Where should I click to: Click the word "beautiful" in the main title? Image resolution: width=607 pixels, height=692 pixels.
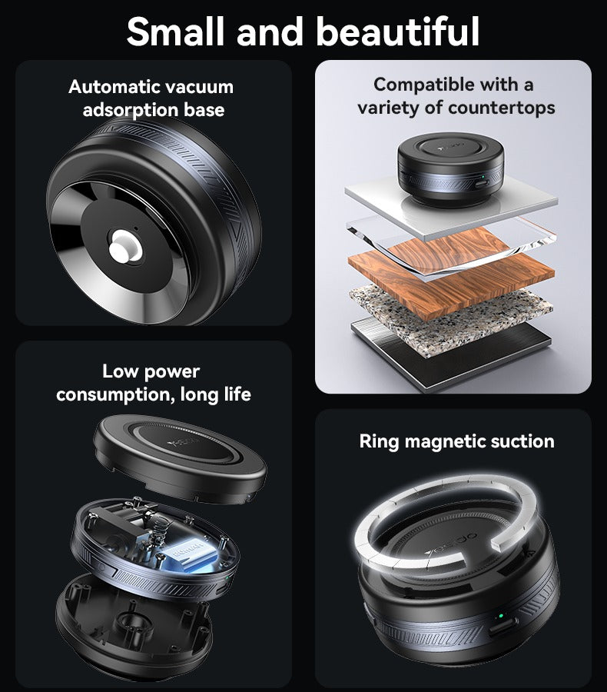(397, 31)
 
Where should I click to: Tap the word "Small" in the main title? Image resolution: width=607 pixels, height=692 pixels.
(175, 31)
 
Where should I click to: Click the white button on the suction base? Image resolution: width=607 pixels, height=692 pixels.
(126, 247)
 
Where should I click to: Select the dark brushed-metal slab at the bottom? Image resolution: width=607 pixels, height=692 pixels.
(450, 358)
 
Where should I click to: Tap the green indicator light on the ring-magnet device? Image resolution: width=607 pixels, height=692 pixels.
(501, 616)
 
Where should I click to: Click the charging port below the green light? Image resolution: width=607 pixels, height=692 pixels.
(503, 627)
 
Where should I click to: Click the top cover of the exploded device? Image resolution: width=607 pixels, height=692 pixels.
(180, 460)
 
